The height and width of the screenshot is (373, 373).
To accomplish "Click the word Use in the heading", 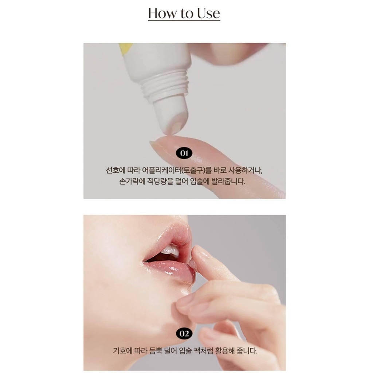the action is (208, 13).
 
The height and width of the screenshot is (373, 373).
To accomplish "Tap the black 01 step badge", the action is (184, 153).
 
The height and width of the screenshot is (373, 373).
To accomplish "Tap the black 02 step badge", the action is (184, 334).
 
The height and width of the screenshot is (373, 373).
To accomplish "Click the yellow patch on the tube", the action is (125, 49).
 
